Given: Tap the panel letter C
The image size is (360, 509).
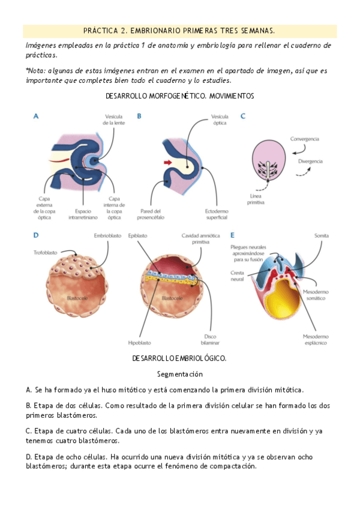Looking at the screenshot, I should tap(242, 116).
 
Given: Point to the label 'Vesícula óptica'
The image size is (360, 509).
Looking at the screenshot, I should tap(220, 119).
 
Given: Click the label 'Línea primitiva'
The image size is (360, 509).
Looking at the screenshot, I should tap(258, 199).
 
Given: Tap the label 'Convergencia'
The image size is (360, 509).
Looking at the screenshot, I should tap(304, 139).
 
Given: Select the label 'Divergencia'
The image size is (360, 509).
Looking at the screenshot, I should tap(310, 161).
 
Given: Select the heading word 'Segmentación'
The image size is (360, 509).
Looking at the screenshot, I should tap(179, 374).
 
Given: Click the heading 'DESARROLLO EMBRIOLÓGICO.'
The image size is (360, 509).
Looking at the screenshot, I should tap(179, 358).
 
